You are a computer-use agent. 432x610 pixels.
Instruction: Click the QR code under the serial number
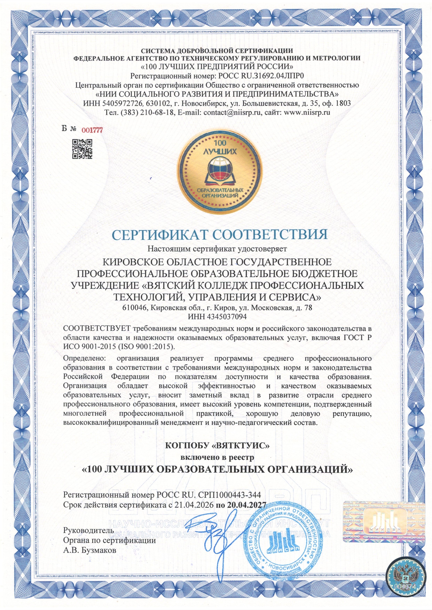[82, 149]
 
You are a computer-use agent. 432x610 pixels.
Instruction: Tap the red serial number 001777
[92, 130]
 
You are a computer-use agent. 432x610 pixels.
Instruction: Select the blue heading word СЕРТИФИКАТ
[160, 235]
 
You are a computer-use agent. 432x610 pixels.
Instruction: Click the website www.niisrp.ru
[307, 112]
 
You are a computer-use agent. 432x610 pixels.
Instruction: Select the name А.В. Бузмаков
[89, 550]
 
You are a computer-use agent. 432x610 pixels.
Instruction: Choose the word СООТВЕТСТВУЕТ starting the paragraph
[97, 329]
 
